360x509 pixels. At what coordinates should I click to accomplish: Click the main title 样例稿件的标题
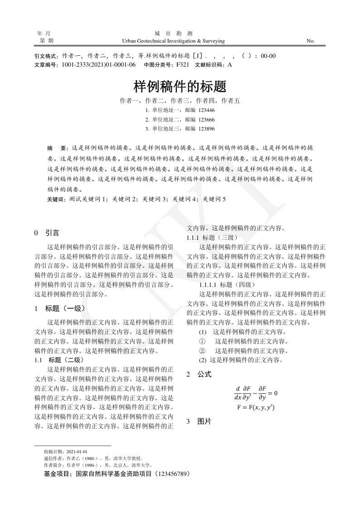click(180, 86)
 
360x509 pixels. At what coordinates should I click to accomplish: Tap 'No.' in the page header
click(311, 41)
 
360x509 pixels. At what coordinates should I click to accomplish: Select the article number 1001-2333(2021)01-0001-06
click(98, 65)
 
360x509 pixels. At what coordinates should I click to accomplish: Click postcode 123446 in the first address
click(206, 110)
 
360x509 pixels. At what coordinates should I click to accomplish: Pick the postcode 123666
click(206, 120)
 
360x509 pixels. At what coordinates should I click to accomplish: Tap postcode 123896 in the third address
click(206, 129)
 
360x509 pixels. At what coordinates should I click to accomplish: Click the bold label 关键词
click(57, 199)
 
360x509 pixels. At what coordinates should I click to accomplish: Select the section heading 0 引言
click(47, 233)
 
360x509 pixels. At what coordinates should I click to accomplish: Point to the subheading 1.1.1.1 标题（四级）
click(227, 285)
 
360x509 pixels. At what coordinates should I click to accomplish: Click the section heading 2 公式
click(199, 375)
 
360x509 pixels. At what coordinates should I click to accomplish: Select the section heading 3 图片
click(199, 422)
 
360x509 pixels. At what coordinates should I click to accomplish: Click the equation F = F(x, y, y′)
click(256, 407)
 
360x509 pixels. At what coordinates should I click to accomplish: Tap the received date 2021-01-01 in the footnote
click(77, 452)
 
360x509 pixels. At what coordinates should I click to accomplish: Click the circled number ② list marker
click(202, 351)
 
